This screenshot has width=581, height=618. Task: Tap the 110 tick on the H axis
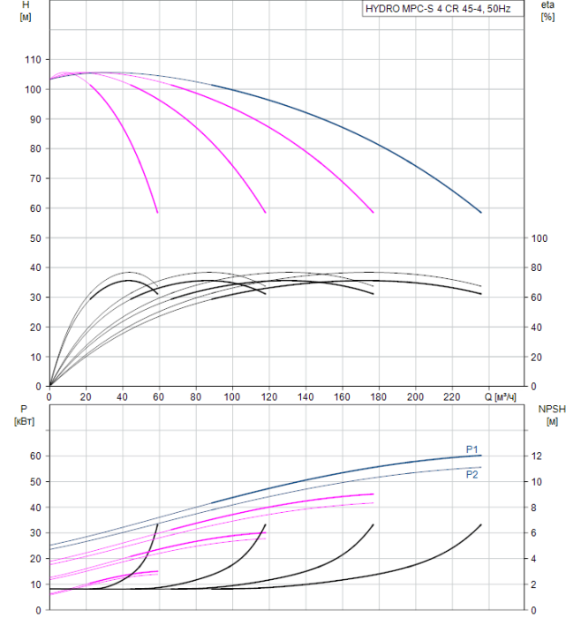point(33,60)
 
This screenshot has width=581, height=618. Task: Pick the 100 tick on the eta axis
point(540,238)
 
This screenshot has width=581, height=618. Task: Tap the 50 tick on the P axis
point(35,482)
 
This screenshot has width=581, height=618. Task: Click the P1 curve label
point(472,448)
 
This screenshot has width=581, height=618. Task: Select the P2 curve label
point(472,474)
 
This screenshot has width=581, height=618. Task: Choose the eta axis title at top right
point(548,11)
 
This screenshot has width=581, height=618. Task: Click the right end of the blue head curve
point(481,213)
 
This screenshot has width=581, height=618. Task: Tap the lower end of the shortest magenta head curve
point(158,213)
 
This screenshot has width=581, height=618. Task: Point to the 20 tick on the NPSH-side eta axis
point(538,357)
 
